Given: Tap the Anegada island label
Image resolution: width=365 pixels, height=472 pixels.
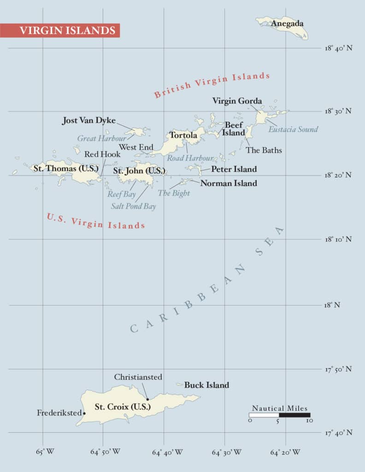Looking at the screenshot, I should (x=287, y=24).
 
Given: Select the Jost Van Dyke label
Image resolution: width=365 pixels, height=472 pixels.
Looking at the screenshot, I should (x=89, y=121).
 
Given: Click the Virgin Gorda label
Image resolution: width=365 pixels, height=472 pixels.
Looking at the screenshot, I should (x=237, y=101).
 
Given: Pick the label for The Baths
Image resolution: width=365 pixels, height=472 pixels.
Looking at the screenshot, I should (x=264, y=150).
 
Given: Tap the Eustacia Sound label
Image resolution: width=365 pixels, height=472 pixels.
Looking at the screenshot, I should (x=293, y=129).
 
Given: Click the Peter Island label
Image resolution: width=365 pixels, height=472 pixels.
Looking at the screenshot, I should (x=234, y=169).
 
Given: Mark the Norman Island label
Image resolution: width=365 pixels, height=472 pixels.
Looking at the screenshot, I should (x=229, y=183).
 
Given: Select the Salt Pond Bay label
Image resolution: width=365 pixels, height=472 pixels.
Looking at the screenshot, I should (x=133, y=206).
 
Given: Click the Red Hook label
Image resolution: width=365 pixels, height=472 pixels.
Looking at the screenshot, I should (x=102, y=154).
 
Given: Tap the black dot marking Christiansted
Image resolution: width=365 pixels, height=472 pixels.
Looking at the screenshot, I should (x=147, y=399).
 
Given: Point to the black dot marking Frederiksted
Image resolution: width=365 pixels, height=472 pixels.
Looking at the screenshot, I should (x=84, y=413).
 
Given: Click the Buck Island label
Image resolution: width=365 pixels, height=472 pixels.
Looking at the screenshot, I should (x=206, y=385).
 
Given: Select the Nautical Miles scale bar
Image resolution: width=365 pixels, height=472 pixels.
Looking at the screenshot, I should (x=279, y=415).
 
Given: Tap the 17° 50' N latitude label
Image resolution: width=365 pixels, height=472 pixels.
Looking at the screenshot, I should (x=338, y=369).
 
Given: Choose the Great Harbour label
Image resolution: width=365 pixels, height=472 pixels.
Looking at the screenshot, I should (x=101, y=138).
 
